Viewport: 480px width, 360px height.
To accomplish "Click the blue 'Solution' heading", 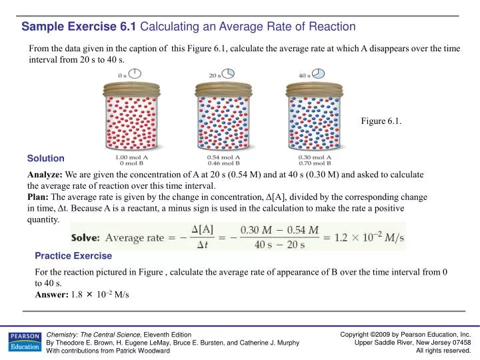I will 45,159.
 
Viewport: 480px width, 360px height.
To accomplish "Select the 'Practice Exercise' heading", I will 73,255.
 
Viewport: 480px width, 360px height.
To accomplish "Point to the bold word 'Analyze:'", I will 45,174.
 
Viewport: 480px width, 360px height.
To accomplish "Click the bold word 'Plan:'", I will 39,197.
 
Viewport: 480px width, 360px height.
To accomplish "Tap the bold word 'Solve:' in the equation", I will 85,237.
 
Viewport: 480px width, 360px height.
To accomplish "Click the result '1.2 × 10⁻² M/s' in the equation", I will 367,237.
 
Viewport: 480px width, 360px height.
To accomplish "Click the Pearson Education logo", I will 23,342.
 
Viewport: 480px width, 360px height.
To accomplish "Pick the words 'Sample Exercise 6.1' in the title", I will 78,27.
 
